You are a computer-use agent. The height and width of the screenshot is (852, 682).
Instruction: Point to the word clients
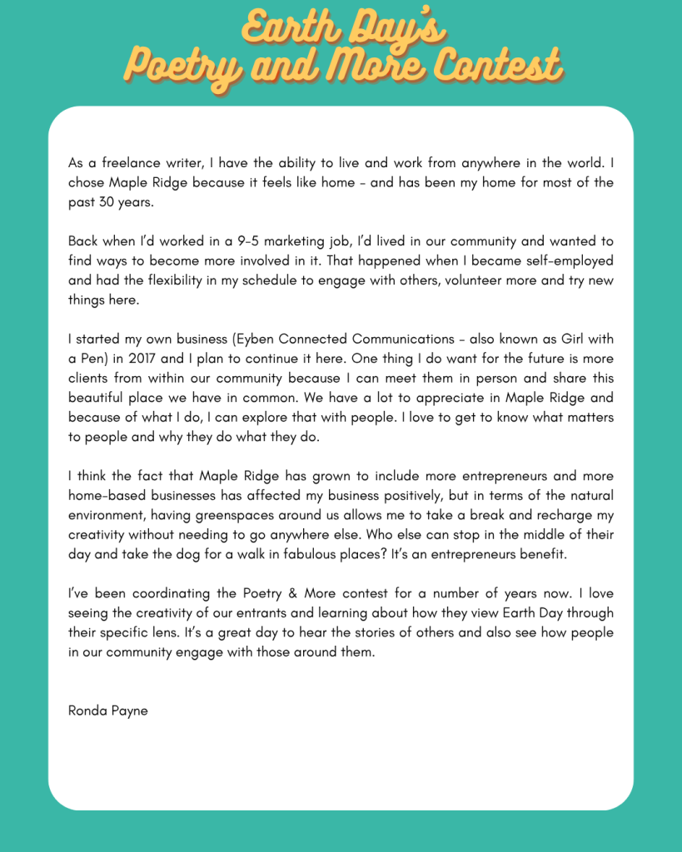coord(90,379)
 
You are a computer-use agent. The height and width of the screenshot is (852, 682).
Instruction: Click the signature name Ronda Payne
coord(108,711)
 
